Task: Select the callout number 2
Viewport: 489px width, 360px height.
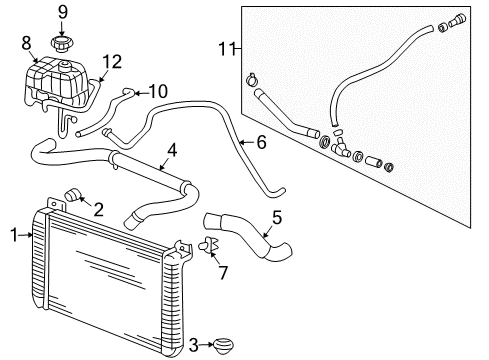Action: (98, 208)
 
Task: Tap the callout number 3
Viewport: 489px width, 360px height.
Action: (193, 345)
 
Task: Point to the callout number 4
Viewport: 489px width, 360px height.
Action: (172, 150)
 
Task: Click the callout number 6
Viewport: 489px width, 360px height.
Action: (261, 142)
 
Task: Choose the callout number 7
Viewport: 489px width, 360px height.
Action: (223, 273)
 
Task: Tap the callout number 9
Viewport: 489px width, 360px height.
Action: (62, 12)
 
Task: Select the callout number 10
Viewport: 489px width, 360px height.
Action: (158, 92)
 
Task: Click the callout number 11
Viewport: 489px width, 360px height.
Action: (225, 47)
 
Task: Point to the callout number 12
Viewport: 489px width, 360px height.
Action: (112, 62)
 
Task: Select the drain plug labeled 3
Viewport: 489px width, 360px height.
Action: (225, 346)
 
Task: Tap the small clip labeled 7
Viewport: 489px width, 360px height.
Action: (209, 247)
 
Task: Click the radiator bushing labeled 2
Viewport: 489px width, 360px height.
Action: (74, 194)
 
